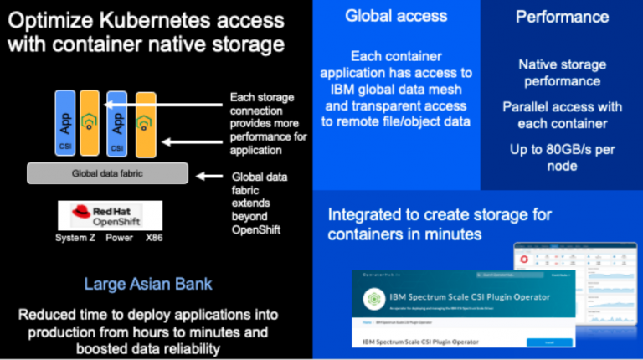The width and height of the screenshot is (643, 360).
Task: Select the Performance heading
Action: click(x=562, y=16)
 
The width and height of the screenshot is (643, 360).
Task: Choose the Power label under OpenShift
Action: click(x=120, y=237)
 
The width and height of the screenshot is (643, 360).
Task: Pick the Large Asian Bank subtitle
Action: click(x=148, y=285)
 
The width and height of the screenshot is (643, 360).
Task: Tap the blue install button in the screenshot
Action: click(x=549, y=342)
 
